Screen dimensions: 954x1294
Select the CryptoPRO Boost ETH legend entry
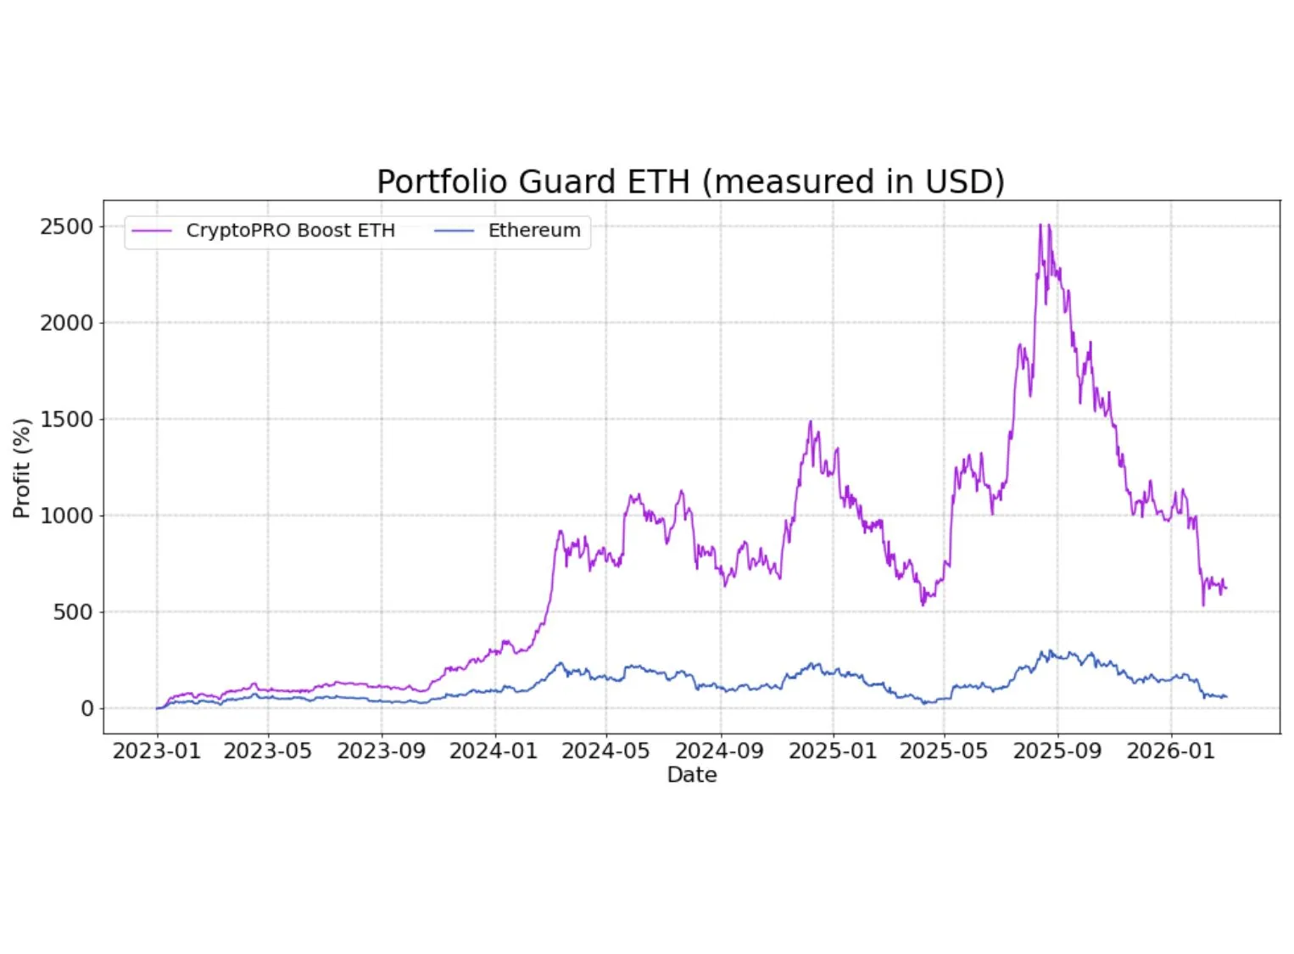[x=290, y=231]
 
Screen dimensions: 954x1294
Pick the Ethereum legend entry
[x=533, y=231]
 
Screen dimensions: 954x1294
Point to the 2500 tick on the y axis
[x=66, y=227]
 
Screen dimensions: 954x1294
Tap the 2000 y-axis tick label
[x=66, y=323]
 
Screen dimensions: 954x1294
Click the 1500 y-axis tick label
[x=66, y=420]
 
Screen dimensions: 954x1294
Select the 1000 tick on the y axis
[x=66, y=516]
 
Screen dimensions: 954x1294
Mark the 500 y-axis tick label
[x=73, y=612]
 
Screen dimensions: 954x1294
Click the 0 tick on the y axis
[x=86, y=709]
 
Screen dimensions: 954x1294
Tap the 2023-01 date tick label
[x=156, y=751]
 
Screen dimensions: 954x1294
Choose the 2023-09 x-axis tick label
[x=381, y=751]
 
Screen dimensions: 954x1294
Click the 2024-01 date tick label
[x=494, y=751]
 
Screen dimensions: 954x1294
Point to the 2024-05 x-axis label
[x=605, y=751]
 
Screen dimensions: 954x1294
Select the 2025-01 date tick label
[x=832, y=751]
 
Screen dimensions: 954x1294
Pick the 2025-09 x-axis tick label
[x=1057, y=751]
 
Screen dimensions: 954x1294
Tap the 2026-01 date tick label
[x=1170, y=751]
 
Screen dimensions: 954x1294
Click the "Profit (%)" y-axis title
[x=22, y=468]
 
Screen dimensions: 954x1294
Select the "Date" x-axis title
[x=692, y=775]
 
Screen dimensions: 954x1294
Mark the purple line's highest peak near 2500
[x=1040, y=226]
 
